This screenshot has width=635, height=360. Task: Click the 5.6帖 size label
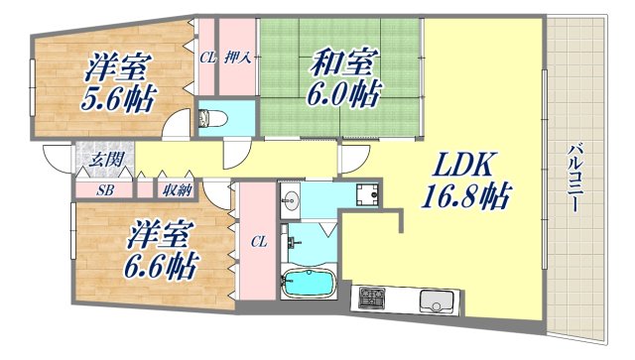tap(110, 99)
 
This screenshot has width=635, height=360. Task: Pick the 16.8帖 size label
tap(465, 198)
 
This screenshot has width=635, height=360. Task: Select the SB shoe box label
tap(105, 189)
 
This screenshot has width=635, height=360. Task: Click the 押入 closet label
tap(239, 58)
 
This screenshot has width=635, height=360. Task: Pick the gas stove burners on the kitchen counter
tap(373, 297)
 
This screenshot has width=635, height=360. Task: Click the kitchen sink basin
tap(436, 299)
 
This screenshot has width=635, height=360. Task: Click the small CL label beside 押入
tap(207, 58)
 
